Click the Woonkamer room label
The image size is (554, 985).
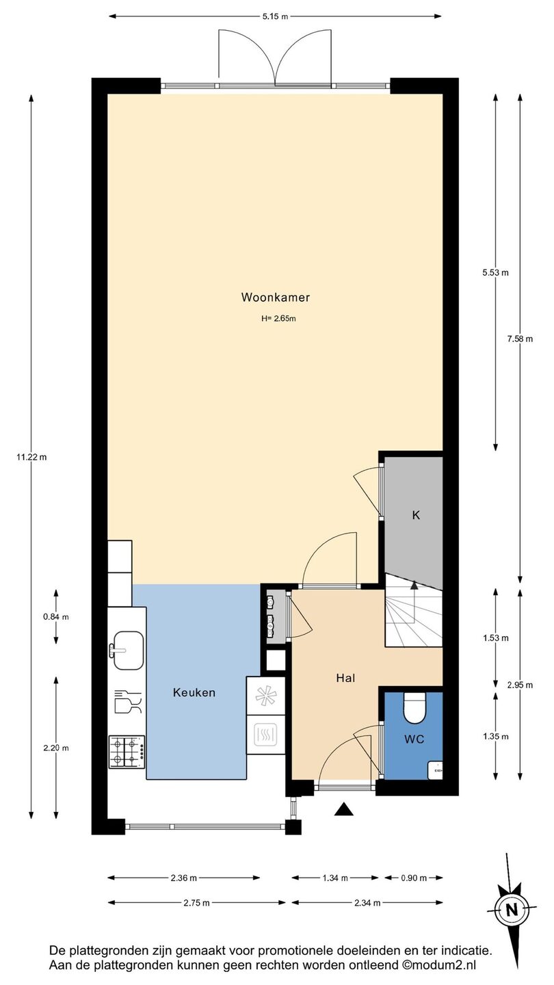pos(275,298)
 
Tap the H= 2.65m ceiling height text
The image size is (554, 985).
pos(278,319)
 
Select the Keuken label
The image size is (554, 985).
pos(194,692)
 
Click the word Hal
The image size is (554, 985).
pos(345,678)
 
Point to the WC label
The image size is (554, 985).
pos(414,739)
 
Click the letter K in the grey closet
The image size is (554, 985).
pos(416,515)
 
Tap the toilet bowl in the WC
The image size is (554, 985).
pos(414,709)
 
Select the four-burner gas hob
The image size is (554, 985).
pos(127,752)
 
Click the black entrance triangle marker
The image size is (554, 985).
pos(344,809)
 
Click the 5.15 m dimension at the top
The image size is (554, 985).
pos(275,16)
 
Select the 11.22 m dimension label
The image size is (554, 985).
pos(31,457)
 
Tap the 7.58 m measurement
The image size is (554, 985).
pos(520,339)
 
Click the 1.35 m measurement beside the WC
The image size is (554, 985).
pos(495,737)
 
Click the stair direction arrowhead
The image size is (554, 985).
pos(414,584)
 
